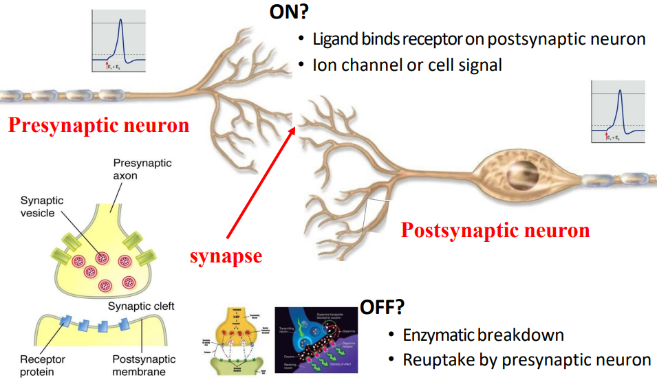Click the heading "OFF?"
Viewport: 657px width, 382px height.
[x=382, y=307]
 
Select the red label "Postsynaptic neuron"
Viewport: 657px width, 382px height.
[x=495, y=229]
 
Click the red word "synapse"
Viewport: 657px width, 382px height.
[x=226, y=256]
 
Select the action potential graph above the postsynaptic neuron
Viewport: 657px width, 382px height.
[x=618, y=111]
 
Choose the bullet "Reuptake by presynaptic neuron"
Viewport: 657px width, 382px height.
[x=526, y=359]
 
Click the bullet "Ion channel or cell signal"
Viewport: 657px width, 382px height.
[x=407, y=65]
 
